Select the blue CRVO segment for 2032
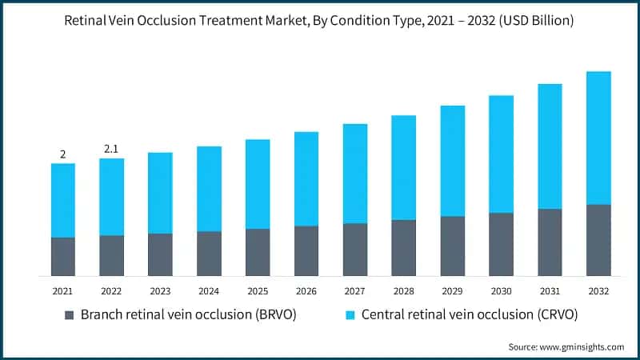click(598, 138)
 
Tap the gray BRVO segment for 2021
click(62, 257)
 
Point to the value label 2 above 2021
click(62, 154)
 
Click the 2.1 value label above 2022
click(111, 149)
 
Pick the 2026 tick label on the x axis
click(306, 290)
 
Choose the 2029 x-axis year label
click(453, 290)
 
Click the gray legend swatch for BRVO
click(70, 315)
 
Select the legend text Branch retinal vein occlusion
click(189, 315)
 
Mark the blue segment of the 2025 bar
click(258, 184)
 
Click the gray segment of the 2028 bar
click(403, 248)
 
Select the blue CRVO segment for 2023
click(160, 193)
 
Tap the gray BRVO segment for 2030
click(501, 245)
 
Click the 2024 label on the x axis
click(209, 290)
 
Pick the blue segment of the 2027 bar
click(355, 174)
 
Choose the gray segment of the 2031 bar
click(550, 242)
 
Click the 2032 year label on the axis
click(598, 290)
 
